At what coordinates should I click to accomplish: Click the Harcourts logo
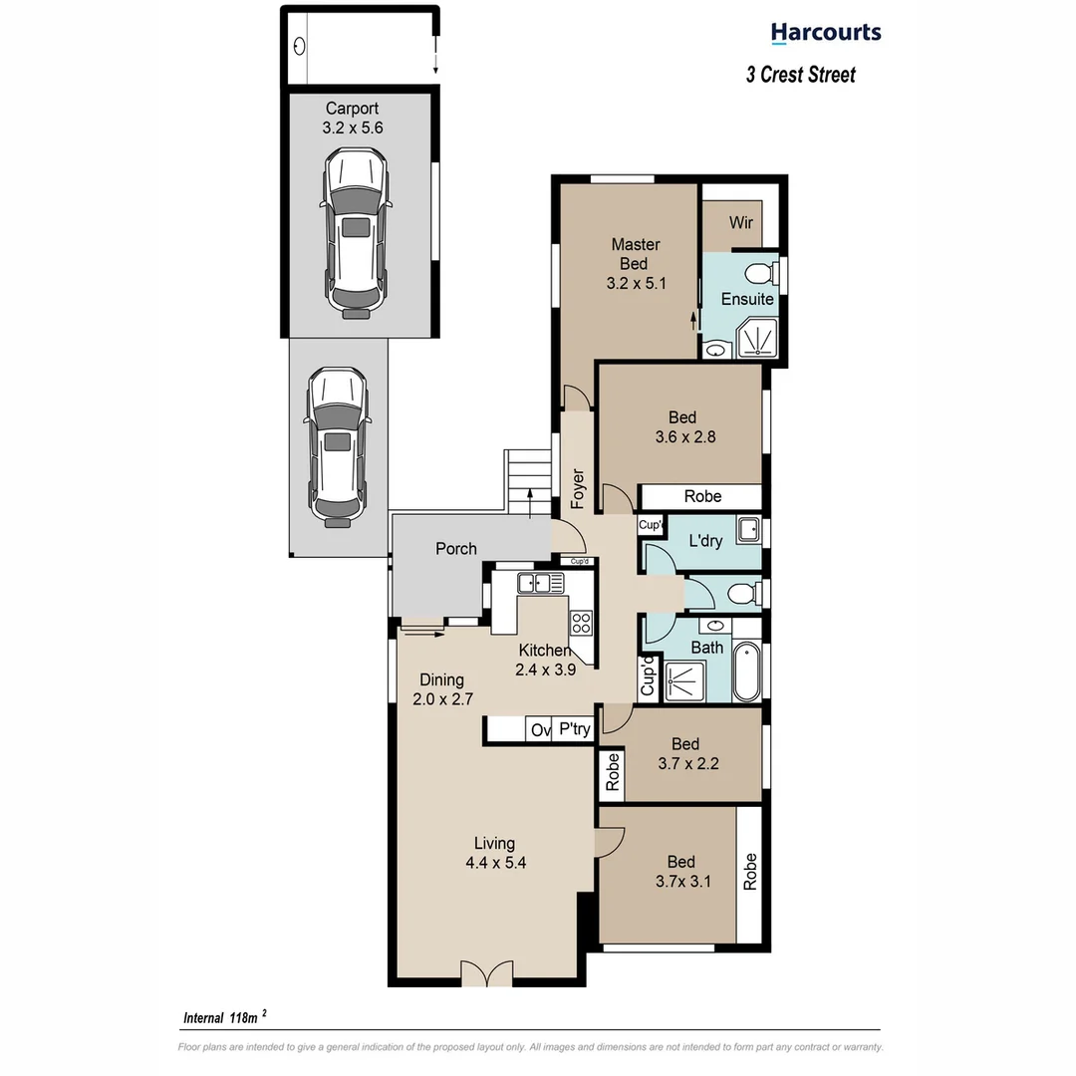[x=826, y=33]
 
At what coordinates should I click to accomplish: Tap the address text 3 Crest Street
[x=800, y=75]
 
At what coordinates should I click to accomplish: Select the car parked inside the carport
[x=356, y=233]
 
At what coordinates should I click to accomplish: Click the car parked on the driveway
[x=337, y=444]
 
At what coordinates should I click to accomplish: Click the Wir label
[x=740, y=223]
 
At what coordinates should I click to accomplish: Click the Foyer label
[x=578, y=489]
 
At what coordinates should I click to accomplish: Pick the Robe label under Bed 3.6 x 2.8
[x=702, y=496]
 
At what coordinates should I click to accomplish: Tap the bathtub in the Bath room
[x=746, y=672]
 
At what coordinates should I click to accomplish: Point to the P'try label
[x=574, y=730]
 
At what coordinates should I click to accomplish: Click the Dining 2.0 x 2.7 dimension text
[x=441, y=699]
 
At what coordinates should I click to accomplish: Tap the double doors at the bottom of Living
[x=487, y=973]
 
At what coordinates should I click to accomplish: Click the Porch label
[x=456, y=549]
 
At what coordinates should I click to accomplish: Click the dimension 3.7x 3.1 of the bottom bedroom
[x=682, y=881]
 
